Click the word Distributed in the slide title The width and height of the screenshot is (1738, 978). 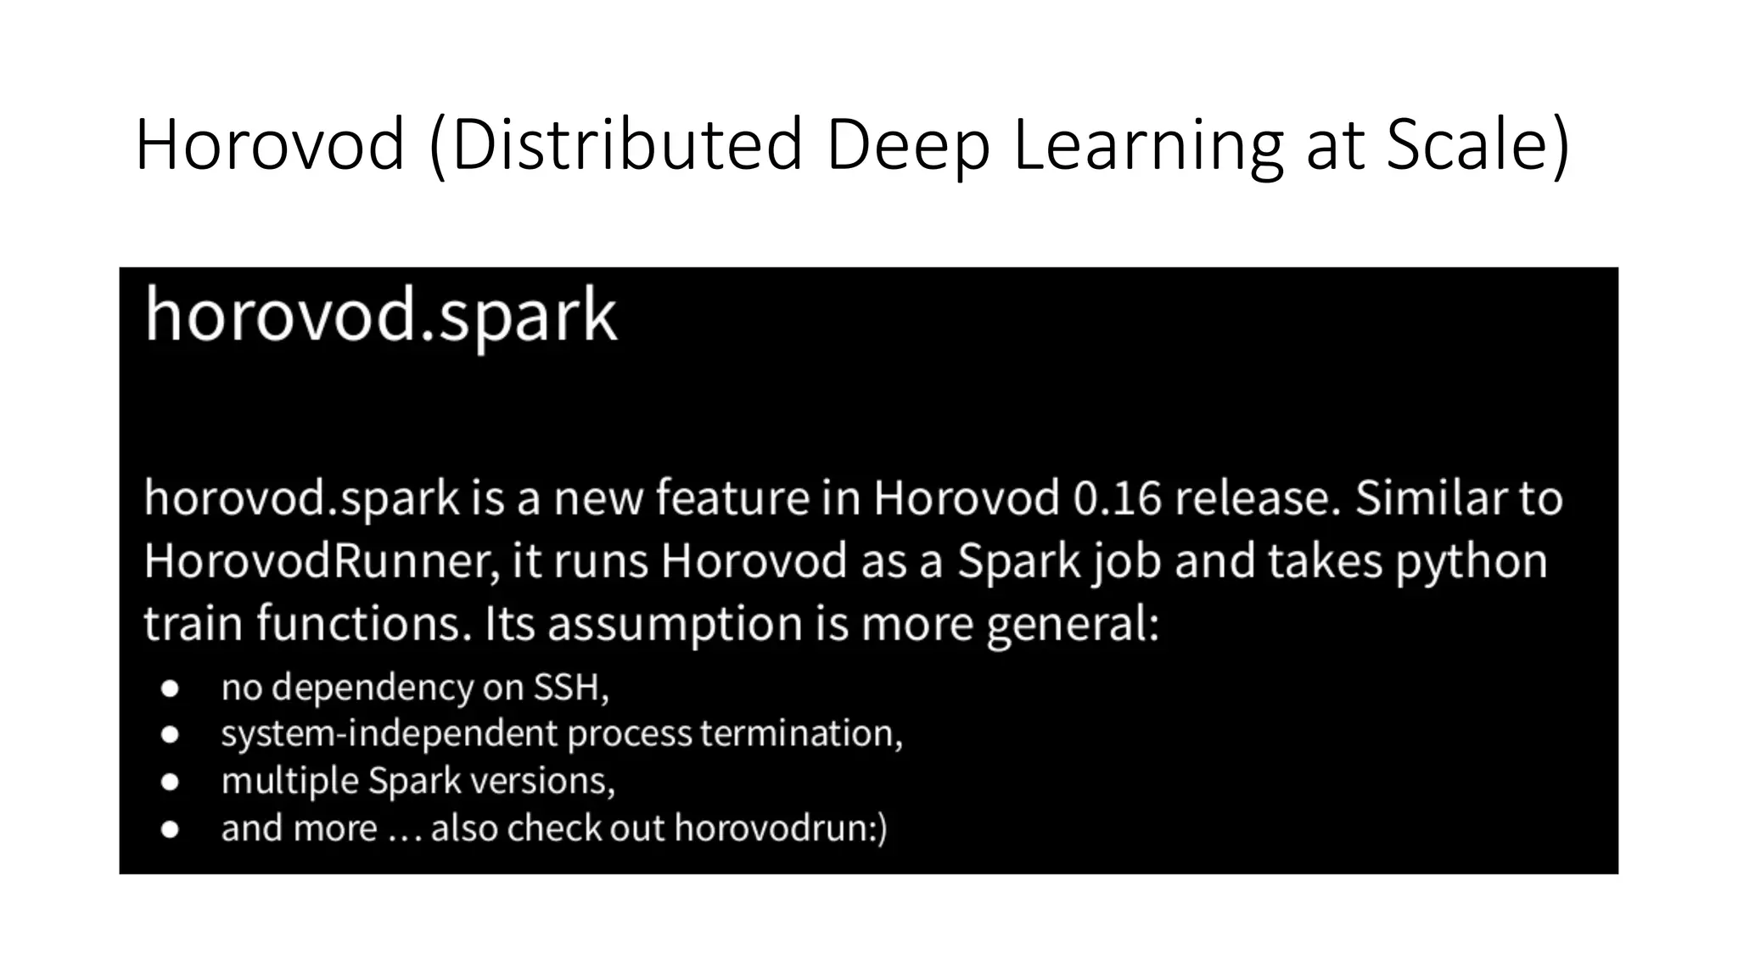click(626, 144)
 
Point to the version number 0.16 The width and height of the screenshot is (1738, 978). click(1116, 498)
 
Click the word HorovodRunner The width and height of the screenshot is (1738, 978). click(322, 561)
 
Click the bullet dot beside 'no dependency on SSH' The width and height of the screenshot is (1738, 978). click(170, 689)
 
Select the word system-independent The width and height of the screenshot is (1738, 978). click(389, 733)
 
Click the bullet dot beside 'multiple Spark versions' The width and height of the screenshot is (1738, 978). click(170, 781)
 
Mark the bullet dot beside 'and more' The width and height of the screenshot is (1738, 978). click(170, 829)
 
